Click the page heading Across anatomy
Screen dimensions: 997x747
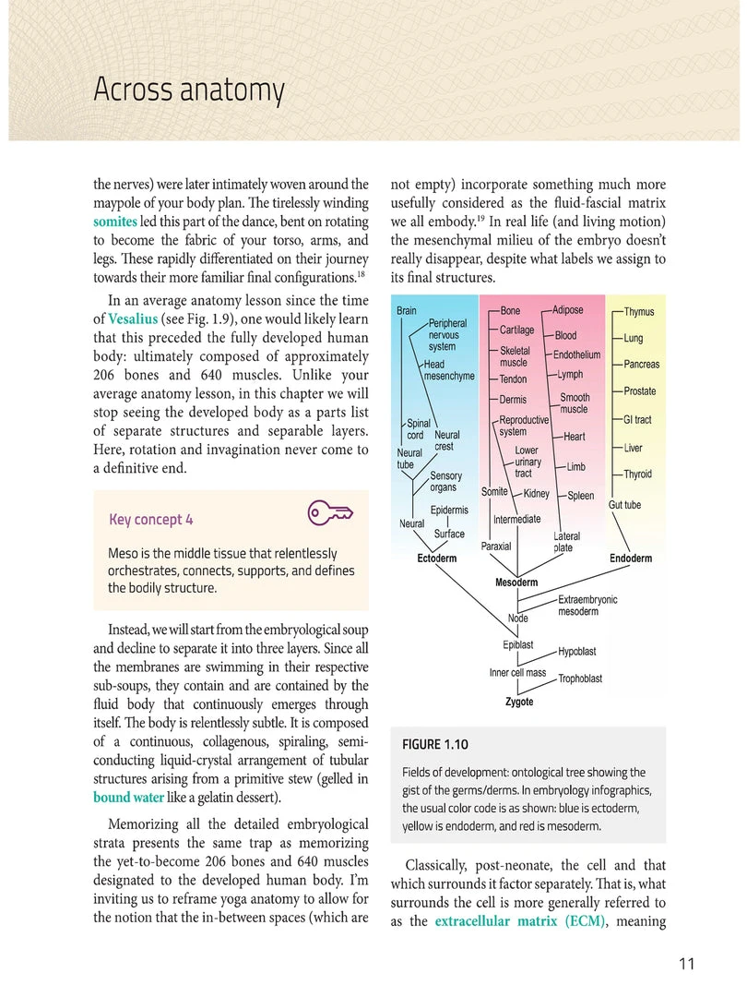click(189, 90)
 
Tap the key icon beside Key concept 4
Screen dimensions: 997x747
click(329, 513)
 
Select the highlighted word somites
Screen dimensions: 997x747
click(115, 222)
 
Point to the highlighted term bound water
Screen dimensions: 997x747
click(129, 797)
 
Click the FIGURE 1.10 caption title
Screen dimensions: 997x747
click(436, 744)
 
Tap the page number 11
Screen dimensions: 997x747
click(685, 965)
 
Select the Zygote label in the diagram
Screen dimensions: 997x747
click(519, 702)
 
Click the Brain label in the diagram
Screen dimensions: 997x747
click(407, 311)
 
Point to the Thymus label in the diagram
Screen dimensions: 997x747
click(639, 312)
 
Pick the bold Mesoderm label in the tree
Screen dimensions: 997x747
click(516, 583)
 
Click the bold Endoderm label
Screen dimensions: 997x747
click(631, 559)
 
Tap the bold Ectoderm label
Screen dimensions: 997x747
click(437, 559)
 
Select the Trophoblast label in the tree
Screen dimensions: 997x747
click(580, 679)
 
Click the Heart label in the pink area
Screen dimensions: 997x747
click(574, 437)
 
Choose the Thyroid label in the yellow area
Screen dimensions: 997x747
click(638, 474)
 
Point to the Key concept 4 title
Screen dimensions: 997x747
click(151, 520)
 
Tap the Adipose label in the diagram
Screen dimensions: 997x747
click(567, 311)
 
